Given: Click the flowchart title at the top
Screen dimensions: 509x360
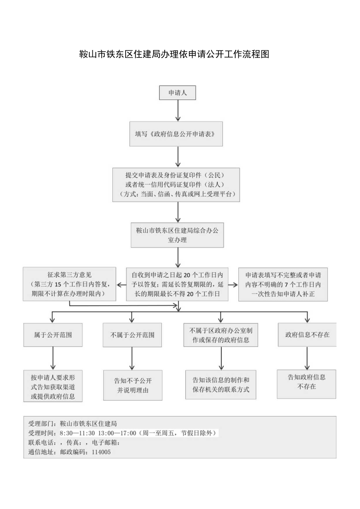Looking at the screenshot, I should click(174, 54).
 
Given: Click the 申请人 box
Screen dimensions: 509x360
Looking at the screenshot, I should click(177, 93).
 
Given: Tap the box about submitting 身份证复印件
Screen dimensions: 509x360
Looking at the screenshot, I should click(176, 185).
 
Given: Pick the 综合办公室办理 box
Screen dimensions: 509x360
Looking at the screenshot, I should click(177, 235).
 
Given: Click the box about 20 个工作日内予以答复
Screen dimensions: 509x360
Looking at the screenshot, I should click(177, 284).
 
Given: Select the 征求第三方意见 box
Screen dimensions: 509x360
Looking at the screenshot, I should click(69, 284).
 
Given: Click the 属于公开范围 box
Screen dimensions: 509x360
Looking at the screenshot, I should click(53, 335).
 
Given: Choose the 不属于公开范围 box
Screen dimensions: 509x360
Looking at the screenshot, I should click(132, 335).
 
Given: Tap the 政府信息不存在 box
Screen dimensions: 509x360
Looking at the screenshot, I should click(307, 335).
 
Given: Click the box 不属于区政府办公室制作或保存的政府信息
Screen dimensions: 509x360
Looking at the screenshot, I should click(221, 335).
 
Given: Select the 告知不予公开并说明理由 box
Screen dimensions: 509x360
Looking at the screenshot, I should click(133, 385).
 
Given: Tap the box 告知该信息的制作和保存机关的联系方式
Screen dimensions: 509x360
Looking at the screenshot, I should click(221, 385).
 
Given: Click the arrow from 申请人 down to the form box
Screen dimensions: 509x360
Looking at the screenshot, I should click(178, 111).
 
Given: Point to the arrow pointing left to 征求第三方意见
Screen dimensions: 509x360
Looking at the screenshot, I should click(121, 285).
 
